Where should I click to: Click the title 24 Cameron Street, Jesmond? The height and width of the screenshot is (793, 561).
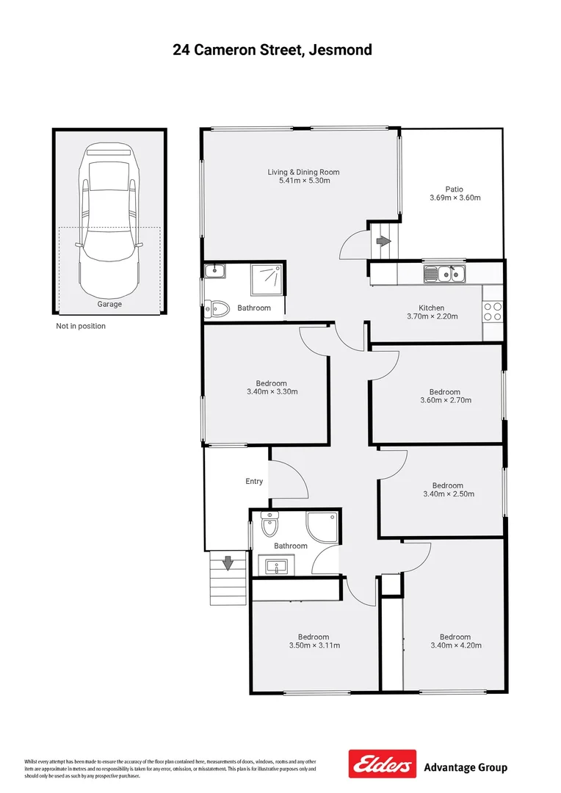272,50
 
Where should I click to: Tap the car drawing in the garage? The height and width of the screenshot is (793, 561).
109,213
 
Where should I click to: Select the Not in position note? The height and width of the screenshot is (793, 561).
81,326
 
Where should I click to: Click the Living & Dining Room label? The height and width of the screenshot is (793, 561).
303,173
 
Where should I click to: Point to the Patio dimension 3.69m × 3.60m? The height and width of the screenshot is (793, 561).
455,198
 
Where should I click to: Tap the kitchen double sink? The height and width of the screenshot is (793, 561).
444,275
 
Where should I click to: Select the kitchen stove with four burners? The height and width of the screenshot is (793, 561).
493,311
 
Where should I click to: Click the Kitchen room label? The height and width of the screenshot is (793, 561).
431,308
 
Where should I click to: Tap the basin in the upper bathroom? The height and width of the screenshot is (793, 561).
214,272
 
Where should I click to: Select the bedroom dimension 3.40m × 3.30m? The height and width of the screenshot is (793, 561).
272,392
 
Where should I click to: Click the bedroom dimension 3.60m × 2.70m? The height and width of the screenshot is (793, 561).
445,401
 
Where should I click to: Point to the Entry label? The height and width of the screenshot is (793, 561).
254,482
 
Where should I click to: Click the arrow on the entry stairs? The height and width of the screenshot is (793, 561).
228,563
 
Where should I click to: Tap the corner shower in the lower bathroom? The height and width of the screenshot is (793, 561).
325,526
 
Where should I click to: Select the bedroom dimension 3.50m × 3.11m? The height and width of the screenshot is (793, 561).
314,646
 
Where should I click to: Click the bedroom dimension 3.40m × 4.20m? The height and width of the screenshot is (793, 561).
455,646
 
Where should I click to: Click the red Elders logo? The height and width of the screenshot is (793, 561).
382,764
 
